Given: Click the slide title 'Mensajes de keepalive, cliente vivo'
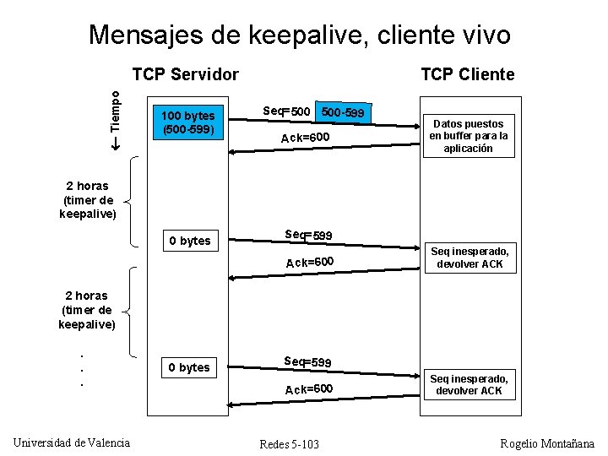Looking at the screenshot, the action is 299,35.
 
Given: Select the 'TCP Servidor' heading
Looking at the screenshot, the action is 186,74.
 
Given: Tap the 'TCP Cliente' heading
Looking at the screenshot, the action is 467,74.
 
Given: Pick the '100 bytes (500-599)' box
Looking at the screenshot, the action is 188,122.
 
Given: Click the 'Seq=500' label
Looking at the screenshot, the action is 288,111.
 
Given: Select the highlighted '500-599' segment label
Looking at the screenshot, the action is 344,111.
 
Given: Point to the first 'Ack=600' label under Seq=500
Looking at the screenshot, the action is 306,138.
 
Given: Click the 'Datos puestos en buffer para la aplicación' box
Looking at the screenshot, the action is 469,136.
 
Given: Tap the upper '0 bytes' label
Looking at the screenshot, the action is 190,241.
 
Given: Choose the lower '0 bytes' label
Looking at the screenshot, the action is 189,367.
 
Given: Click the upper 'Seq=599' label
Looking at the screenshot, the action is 308,235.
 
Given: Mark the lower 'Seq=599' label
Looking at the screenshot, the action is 308,361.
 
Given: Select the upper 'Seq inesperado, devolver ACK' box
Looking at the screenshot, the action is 470,258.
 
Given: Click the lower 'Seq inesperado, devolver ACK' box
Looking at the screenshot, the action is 470,384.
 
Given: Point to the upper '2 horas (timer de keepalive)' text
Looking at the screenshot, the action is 88,200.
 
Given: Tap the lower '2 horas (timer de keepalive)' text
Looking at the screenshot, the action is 88,310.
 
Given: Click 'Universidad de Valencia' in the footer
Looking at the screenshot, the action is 72,442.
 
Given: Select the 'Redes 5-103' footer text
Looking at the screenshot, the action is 290,444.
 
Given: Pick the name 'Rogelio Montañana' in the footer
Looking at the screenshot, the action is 547,443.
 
